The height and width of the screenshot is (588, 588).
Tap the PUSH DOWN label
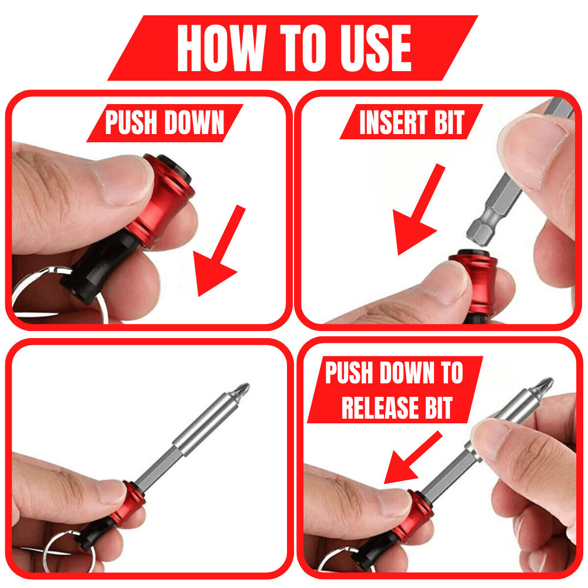(165, 123)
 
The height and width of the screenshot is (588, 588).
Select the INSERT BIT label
(412, 122)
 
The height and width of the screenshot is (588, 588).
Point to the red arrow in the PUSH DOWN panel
(220, 253)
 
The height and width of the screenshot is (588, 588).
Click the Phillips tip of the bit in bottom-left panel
(241, 391)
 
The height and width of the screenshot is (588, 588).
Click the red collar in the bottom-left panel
(127, 503)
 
